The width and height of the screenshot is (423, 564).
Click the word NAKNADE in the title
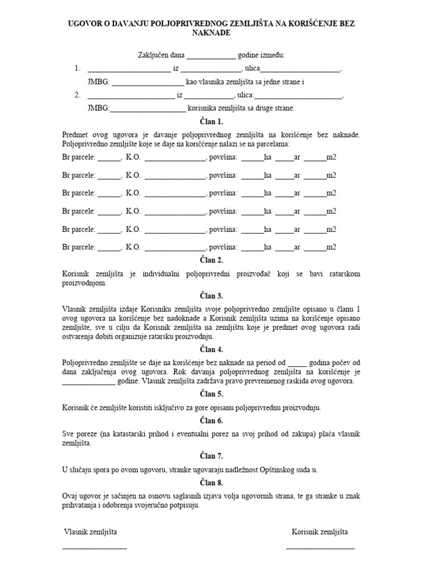pos(211,33)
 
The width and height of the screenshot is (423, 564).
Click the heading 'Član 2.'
pos(211,261)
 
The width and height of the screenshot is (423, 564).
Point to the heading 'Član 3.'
pos(211,296)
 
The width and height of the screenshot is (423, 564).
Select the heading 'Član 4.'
pos(211,349)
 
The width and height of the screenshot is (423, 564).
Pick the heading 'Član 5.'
pos(211,394)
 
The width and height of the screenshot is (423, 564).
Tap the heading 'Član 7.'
pos(211,456)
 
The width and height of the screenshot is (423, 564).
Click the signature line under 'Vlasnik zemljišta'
pos(94,547)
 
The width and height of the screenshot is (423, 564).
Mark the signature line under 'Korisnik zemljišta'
pos(320,547)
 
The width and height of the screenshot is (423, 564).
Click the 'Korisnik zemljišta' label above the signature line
pos(319,532)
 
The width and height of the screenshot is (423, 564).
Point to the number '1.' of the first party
pos(78,69)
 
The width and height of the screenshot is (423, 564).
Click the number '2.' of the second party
pos(78,95)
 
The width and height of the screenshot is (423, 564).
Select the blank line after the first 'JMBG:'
pos(148,83)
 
